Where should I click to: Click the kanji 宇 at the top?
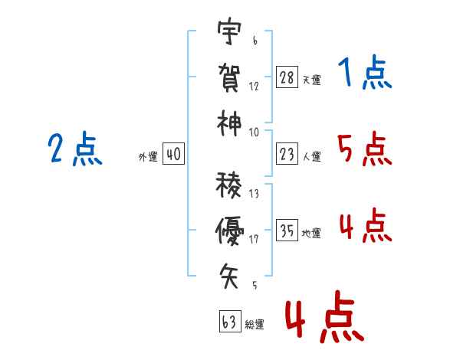tap(229, 31)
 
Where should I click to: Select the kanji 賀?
tap(229, 77)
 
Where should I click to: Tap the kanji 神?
tap(229, 124)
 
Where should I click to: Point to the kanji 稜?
tap(228, 185)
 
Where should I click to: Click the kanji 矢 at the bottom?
tap(228, 276)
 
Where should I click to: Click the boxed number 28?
tap(287, 77)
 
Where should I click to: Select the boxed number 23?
tap(287, 154)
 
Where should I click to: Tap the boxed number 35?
tap(287, 230)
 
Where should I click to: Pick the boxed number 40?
tap(173, 154)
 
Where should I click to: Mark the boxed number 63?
tap(230, 321)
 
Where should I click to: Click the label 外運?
tap(148, 157)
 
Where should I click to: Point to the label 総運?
tap(255, 324)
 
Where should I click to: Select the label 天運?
tap(311, 80)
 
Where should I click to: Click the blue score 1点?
tap(365, 72)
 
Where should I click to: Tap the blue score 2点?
tap(75, 149)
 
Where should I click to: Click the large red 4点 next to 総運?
tap(324, 316)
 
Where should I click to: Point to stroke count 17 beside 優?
tap(254, 239)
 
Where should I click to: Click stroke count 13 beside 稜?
tap(254, 194)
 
